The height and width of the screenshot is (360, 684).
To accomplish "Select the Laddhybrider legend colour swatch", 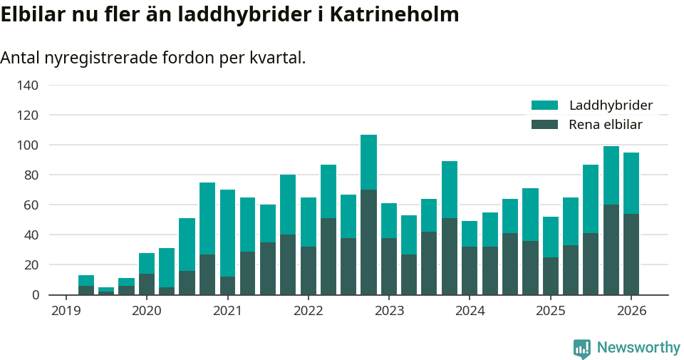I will tap(545, 106).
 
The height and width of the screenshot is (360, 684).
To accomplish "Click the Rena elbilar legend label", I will tap(606, 125).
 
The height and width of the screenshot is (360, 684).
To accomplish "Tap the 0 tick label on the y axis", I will tap(35, 295).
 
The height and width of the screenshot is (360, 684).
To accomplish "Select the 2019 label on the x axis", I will tap(66, 311).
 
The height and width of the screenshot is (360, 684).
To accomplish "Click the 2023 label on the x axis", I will tap(389, 311).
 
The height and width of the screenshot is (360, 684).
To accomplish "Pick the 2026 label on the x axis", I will tap(631, 311).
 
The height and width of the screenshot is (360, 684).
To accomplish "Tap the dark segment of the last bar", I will tap(631, 254).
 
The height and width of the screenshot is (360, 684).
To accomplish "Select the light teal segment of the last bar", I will tap(631, 183).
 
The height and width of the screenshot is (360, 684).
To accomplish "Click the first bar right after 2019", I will tap(86, 285).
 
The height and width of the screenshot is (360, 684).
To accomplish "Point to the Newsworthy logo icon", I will tap(582, 348).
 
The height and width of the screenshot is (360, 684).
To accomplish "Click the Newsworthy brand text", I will tap(638, 348).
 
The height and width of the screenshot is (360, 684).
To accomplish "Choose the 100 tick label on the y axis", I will tap(28, 145).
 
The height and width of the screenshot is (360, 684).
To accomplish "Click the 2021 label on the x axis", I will tap(227, 311).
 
